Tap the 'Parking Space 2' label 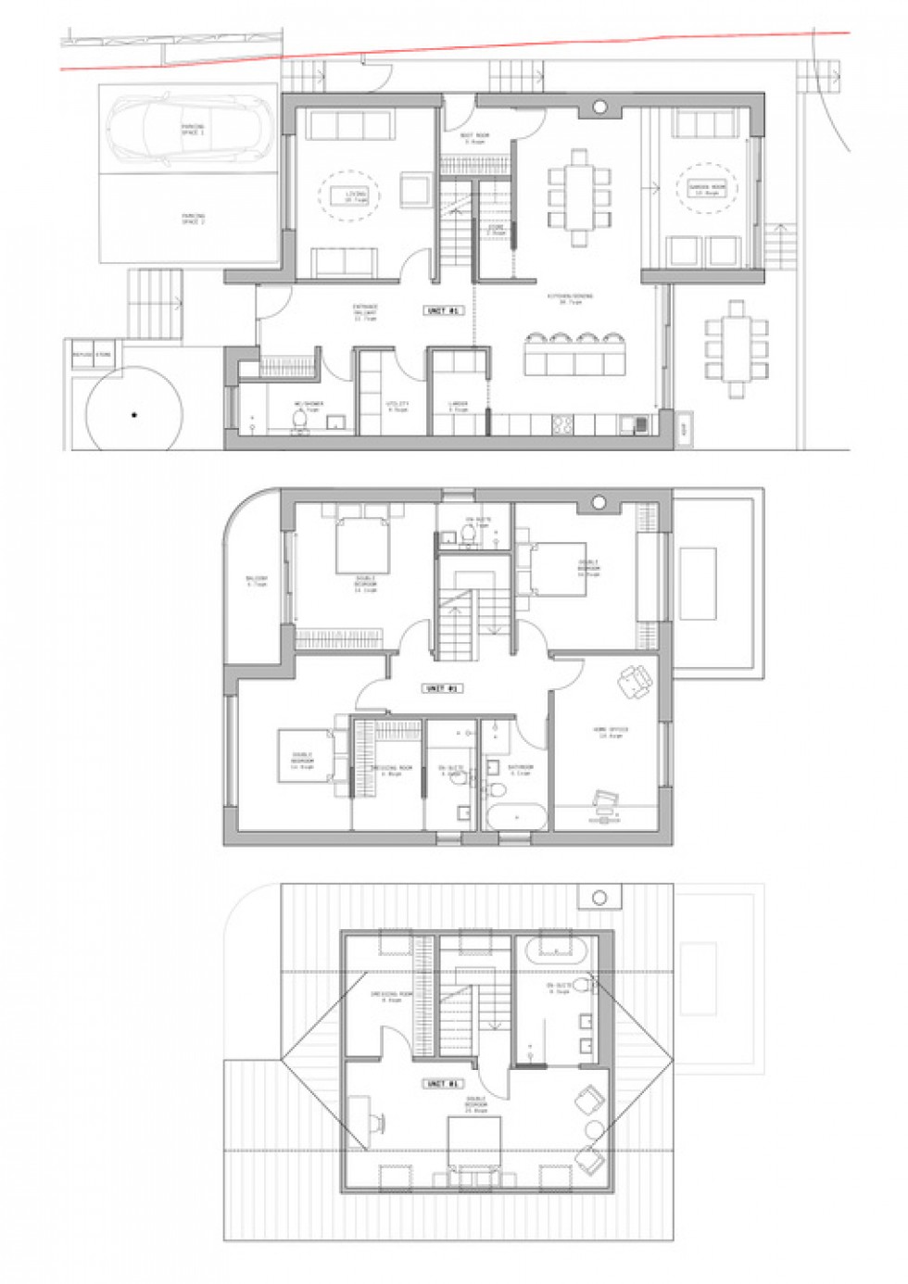click(193, 220)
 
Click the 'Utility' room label click(397, 405)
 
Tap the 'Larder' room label click(457, 405)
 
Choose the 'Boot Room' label click(476, 139)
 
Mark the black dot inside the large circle click(134, 414)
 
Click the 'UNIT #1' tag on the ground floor click(443, 311)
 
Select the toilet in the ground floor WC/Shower click(299, 422)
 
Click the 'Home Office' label click(612, 732)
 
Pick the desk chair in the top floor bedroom click(381, 1125)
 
